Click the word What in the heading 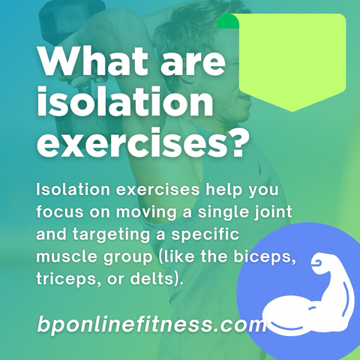[x=93, y=61]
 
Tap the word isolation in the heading [x=125, y=102]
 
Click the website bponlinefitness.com [x=152, y=323]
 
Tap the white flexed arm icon [x=308, y=295]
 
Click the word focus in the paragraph [x=60, y=212]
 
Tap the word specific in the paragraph [x=205, y=235]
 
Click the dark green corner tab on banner [x=227, y=21]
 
